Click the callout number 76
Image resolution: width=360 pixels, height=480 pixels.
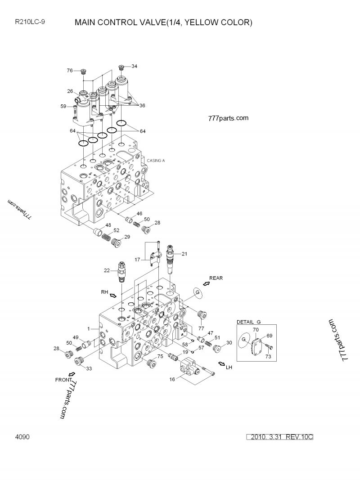pyautogui.click(x=70, y=71)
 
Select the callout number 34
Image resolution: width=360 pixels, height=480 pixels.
pyautogui.click(x=134, y=66)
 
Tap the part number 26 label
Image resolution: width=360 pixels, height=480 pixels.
pyautogui.click(x=70, y=91)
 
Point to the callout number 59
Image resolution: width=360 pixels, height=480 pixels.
pyautogui.click(x=63, y=107)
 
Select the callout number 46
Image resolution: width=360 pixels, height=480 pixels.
pyautogui.click(x=139, y=214)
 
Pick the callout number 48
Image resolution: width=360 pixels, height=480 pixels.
pyautogui.click(x=108, y=225)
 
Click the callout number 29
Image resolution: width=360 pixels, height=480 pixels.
pyautogui.click(x=127, y=237)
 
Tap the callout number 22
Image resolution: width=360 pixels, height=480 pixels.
pyautogui.click(x=106, y=270)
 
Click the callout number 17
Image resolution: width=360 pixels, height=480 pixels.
pyautogui.click(x=137, y=260)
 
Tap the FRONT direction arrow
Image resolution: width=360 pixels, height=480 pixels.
pyautogui.click(x=72, y=373)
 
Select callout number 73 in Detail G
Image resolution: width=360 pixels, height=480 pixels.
pyautogui.click(x=268, y=356)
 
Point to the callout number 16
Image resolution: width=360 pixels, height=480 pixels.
pyautogui.click(x=172, y=380)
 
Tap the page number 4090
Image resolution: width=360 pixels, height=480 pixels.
pyautogui.click(x=22, y=437)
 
